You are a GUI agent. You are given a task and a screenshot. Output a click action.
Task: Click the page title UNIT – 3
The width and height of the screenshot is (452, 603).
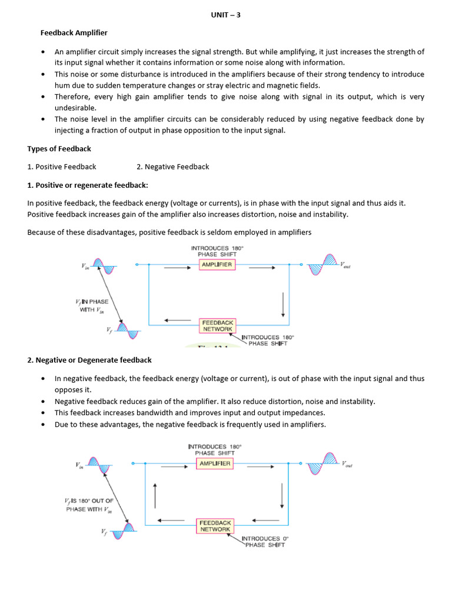pos(225,15)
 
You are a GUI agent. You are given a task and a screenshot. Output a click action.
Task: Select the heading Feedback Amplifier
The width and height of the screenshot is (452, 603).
pos(74,33)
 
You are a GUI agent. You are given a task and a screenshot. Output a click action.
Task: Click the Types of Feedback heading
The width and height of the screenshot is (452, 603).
pos(59,148)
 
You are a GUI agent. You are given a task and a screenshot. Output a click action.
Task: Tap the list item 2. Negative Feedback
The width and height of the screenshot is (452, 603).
pos(172,167)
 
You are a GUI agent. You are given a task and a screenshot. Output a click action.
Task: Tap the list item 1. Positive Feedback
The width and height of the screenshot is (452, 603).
pos(62,167)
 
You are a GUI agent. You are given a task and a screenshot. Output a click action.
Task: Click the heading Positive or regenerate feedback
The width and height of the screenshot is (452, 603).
pos(88,185)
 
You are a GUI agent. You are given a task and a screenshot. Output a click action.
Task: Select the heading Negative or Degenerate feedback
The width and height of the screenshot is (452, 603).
pos(89,360)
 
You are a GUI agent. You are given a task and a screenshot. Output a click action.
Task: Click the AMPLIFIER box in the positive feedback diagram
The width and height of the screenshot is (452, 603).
pos(217,265)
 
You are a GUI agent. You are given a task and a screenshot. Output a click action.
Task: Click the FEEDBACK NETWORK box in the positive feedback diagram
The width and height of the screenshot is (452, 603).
pos(217,326)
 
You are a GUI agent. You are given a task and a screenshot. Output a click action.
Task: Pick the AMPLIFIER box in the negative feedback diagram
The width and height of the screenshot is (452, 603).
pos(214,463)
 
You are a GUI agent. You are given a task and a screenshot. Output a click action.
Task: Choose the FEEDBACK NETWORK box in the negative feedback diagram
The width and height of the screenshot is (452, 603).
pos(215,526)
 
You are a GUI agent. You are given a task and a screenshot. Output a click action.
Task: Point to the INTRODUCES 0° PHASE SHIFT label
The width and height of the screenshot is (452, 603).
pos(264,541)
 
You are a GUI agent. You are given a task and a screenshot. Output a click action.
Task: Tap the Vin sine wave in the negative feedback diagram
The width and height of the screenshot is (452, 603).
pos(98,464)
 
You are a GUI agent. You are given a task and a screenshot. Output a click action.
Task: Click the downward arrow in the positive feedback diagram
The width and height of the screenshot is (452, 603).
pos(283,304)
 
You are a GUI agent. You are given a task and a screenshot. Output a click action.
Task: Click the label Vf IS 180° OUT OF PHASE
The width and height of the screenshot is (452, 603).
pos(89,505)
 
